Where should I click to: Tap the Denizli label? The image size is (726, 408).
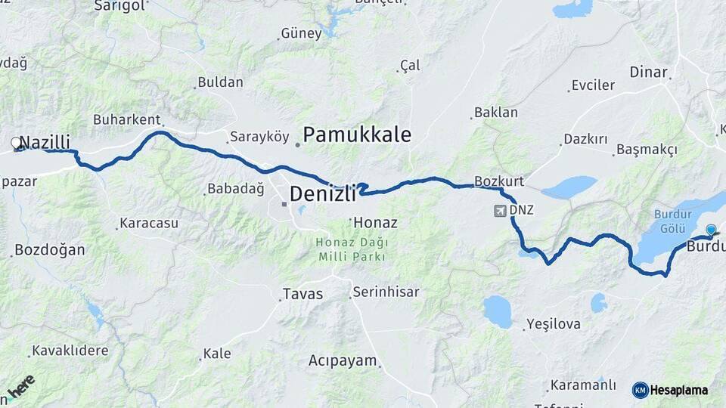pyautogui.click(x=322, y=194)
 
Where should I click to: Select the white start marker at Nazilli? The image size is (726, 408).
pyautogui.click(x=16, y=142)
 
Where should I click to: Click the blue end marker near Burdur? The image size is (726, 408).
pyautogui.click(x=710, y=230)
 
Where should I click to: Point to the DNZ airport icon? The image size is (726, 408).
pyautogui.click(x=501, y=210)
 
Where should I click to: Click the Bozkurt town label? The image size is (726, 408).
pyautogui.click(x=499, y=181)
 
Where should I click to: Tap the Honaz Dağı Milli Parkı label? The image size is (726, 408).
pyautogui.click(x=352, y=249)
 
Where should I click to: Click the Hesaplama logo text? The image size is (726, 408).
pyautogui.click(x=678, y=390)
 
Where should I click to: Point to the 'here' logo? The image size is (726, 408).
pyautogui.click(x=21, y=386)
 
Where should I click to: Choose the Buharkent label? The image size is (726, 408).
pyautogui.click(x=126, y=119)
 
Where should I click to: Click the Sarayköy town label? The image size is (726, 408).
pyautogui.click(x=259, y=137)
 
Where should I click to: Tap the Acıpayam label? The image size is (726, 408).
pyautogui.click(x=342, y=361)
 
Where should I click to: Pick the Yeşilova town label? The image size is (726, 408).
pyautogui.click(x=554, y=324)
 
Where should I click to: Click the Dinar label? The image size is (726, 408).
pyautogui.click(x=649, y=73)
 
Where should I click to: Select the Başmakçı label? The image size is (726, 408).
pyautogui.click(x=647, y=150)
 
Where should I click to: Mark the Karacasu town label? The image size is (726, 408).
pyautogui.click(x=149, y=224)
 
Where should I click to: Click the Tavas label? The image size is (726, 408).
pyautogui.click(x=302, y=294)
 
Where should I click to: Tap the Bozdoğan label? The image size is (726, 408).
pyautogui.click(x=50, y=250)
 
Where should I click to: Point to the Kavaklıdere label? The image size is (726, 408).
pyautogui.click(x=70, y=351)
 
